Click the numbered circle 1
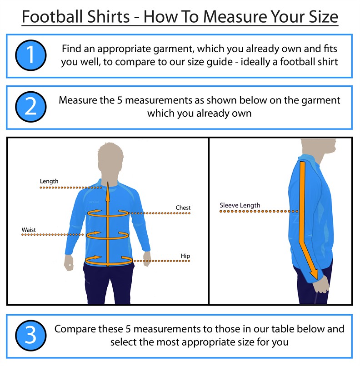pyautogui.click(x=31, y=55)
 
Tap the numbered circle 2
pyautogui.click(x=31, y=107)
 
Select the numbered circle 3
pyautogui.click(x=31, y=336)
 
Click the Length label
pyautogui.click(x=49, y=181)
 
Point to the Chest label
pyautogui.click(x=183, y=208)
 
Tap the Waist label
pyautogui.click(x=29, y=230)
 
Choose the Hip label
pyautogui.click(x=185, y=256)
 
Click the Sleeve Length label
pyautogui.click(x=240, y=205)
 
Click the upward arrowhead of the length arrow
pyautogui.click(x=108, y=192)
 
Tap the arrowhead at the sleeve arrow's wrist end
pyautogui.click(x=314, y=274)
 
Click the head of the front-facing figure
pyautogui.click(x=110, y=159)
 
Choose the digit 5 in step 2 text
pyautogui.click(x=120, y=100)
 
